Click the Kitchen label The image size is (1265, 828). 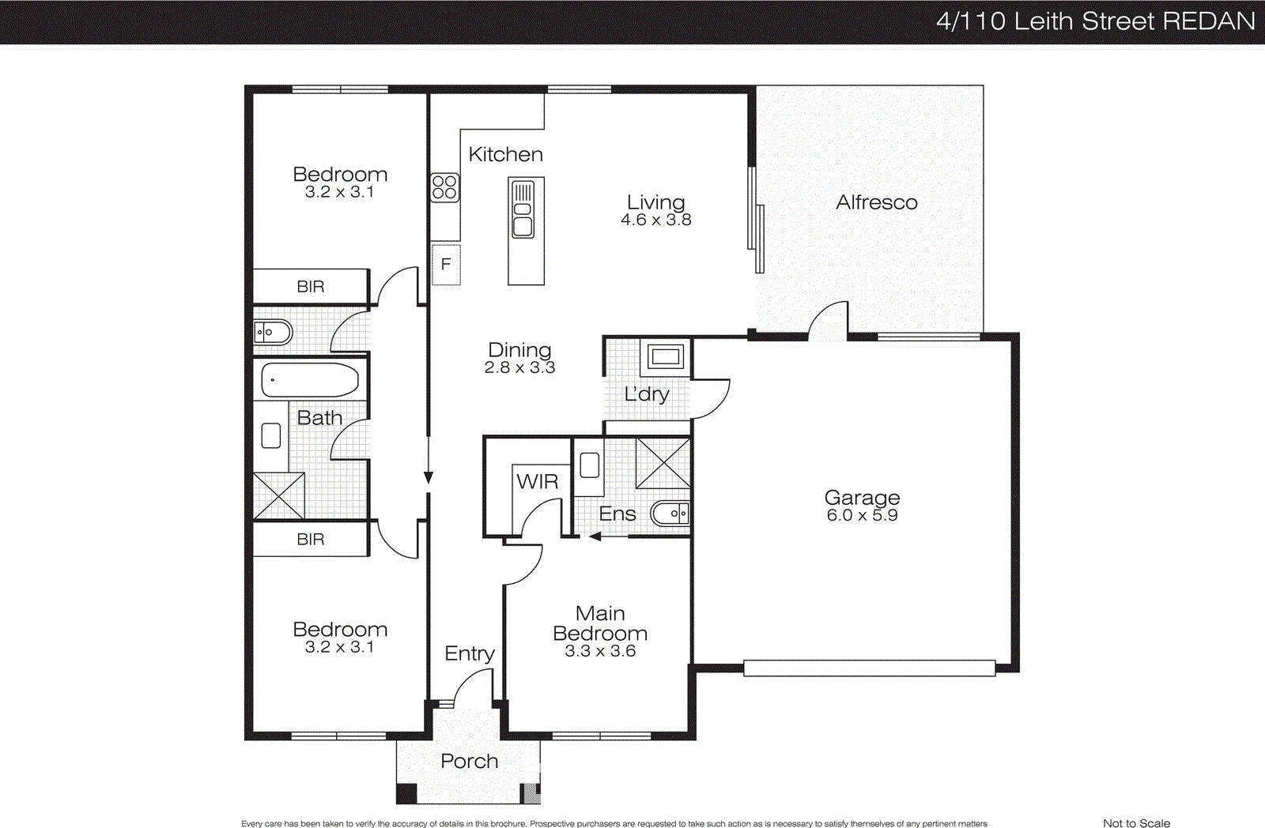[x=505, y=154]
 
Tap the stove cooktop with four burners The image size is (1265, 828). [x=444, y=187]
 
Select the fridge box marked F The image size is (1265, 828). [x=446, y=264]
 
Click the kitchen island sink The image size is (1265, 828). [x=523, y=210]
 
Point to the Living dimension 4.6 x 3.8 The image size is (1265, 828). [x=655, y=220]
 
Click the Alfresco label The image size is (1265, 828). [x=876, y=202]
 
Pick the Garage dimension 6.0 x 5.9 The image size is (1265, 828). [x=862, y=515]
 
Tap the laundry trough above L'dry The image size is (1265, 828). [x=666, y=357]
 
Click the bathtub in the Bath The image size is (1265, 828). [x=310, y=380]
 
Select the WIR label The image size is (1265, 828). [x=537, y=481]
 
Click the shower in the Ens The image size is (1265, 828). [x=663, y=463]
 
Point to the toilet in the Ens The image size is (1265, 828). [x=670, y=514]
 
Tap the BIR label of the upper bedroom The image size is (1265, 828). [x=310, y=287]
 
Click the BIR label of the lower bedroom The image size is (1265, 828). [x=310, y=540]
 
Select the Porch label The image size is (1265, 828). [x=469, y=761]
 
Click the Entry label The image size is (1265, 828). [x=469, y=653]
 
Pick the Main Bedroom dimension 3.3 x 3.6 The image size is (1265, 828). [x=599, y=651]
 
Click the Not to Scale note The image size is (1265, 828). [x=1136, y=822]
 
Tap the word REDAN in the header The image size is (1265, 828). [x=1209, y=21]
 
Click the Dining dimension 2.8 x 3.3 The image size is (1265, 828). [x=519, y=367]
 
